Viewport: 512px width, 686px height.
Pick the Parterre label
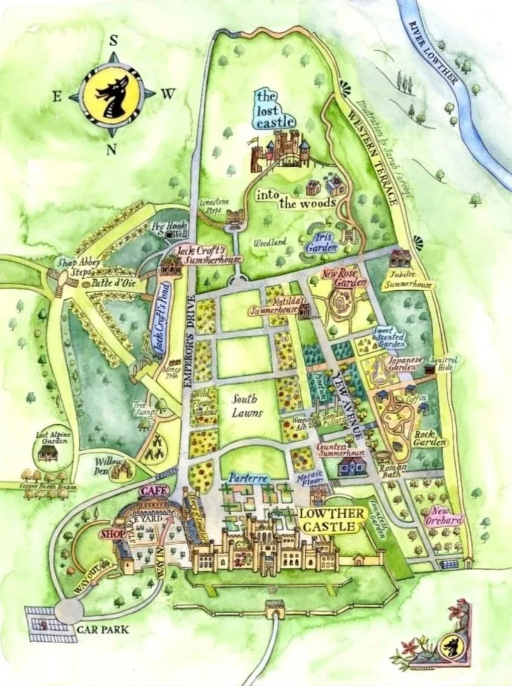tap(248, 479)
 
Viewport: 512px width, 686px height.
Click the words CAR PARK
tap(103, 630)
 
